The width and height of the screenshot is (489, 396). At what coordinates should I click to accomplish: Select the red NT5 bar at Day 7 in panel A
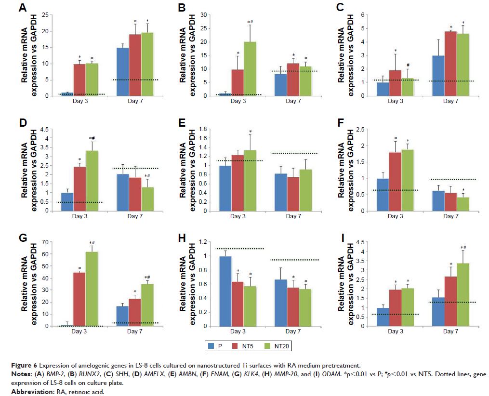pos(135,65)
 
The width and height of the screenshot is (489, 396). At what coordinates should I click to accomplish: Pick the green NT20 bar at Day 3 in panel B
pos(250,68)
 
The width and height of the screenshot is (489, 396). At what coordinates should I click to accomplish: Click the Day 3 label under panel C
pos(395,101)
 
